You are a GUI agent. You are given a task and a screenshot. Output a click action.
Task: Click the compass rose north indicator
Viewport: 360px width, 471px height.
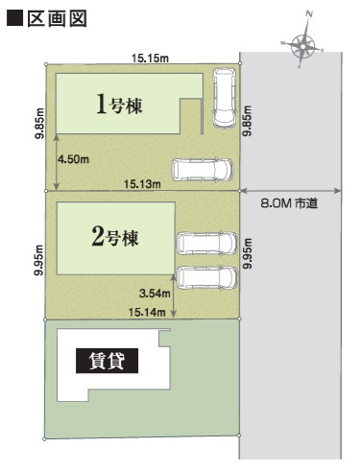click(305, 43)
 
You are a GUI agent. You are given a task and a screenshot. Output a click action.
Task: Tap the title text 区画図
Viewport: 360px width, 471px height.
click(58, 19)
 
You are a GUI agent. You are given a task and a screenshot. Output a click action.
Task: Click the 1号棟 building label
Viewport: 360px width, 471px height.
click(120, 106)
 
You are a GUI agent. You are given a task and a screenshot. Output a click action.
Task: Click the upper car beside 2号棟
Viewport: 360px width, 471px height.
click(205, 244)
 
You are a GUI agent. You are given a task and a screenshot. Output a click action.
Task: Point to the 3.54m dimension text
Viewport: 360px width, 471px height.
click(154, 294)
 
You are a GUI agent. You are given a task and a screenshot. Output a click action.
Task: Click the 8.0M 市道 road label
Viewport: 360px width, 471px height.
click(289, 203)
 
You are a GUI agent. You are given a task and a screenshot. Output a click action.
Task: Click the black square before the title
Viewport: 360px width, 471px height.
click(13, 19)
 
